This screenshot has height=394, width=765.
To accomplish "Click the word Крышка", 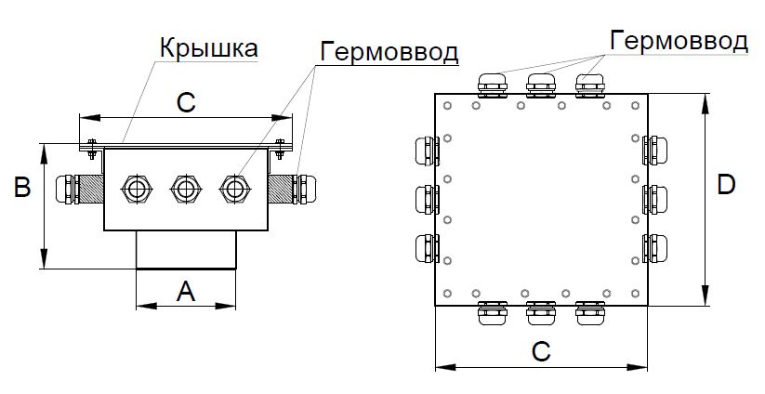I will (207, 47).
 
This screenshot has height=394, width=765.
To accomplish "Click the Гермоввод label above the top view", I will (679, 41).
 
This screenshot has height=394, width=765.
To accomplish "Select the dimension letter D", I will (727, 185).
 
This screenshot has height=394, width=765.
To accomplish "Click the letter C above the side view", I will (185, 104).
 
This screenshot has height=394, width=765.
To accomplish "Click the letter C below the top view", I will (541, 351).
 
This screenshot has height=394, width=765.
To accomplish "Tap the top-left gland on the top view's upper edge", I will (492, 84).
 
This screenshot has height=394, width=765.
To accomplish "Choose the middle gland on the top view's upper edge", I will (541, 84).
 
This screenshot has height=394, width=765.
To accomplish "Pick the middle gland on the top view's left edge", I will (423, 199).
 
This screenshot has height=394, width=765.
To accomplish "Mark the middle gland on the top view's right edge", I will (658, 199).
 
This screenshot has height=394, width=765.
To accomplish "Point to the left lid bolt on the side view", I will (91, 144).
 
